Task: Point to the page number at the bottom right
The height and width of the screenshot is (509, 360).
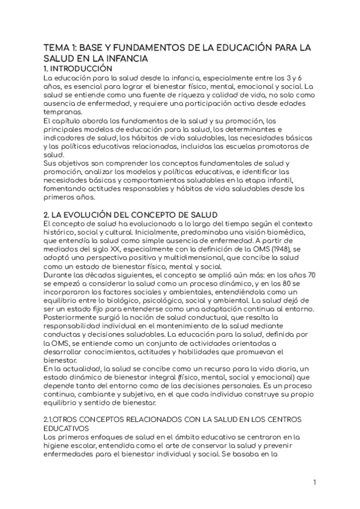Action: point(314,482)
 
